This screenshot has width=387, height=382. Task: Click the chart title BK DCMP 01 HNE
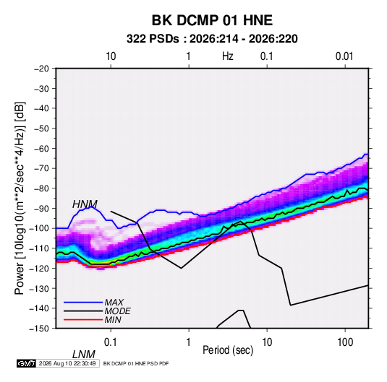coord(212,20)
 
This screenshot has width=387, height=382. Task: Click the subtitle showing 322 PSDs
coord(212,39)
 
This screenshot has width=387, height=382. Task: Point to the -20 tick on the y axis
coord(41,69)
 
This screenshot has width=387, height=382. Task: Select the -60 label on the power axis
coord(41,148)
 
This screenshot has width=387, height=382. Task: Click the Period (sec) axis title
coord(228,350)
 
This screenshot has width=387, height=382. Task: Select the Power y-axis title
coord(20,199)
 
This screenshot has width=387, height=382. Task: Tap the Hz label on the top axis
coord(228,56)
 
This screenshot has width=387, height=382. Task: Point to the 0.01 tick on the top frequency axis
coord(344,56)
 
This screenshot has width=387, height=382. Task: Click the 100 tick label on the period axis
coord(345,342)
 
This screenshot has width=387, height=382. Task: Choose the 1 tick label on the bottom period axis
coord(189,342)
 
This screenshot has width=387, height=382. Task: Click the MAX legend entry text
coord(114,303)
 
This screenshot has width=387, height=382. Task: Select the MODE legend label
coord(117,311)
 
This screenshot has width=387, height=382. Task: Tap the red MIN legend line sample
coord(83,320)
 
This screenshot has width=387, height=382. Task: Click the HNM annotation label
coord(85,204)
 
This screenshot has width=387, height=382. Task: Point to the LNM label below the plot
coord(84,355)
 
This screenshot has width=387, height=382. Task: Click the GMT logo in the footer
coord(27,363)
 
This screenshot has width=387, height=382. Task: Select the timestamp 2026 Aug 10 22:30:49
coord(67,363)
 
